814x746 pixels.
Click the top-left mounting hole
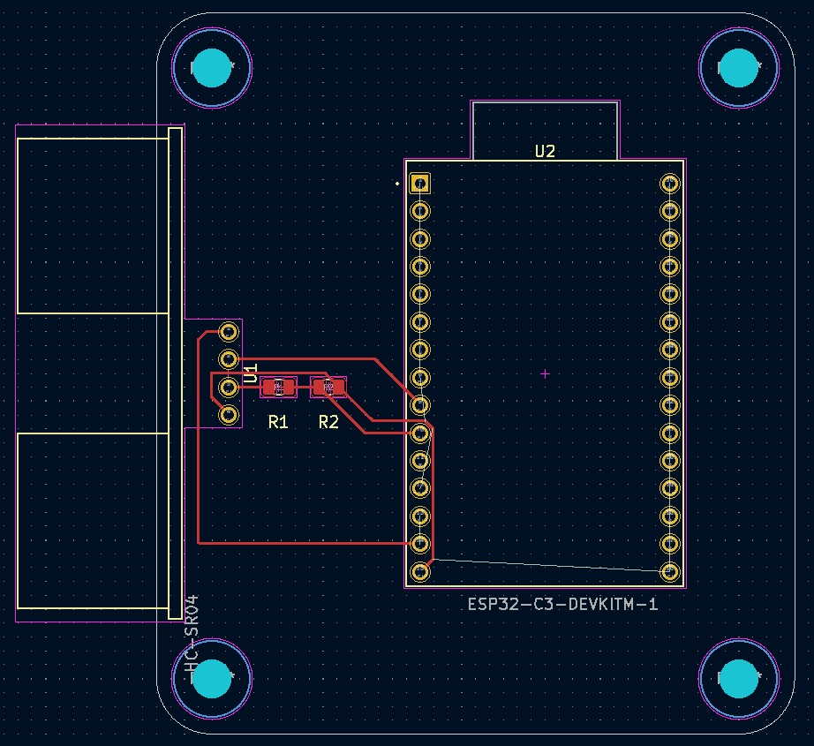[x=212, y=68]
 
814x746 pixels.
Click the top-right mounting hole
[x=739, y=68]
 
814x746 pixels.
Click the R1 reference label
[x=278, y=422]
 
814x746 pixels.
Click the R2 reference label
[x=328, y=422]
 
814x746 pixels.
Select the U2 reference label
[x=545, y=151]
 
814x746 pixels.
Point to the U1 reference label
[x=251, y=373]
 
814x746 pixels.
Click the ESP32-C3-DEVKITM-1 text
[x=562, y=605]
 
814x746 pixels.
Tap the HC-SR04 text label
[x=192, y=638]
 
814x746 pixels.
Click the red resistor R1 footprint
[x=279, y=387]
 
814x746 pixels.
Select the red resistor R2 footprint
[x=328, y=387]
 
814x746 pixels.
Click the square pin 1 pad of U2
[x=420, y=184]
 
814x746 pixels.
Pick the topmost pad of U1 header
[x=228, y=332]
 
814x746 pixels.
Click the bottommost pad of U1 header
[x=228, y=414]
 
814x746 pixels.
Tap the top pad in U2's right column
[x=669, y=184]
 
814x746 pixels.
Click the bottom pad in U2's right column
[x=669, y=571]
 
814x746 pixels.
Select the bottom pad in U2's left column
[x=420, y=571]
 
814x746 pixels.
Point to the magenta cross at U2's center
[x=545, y=374]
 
